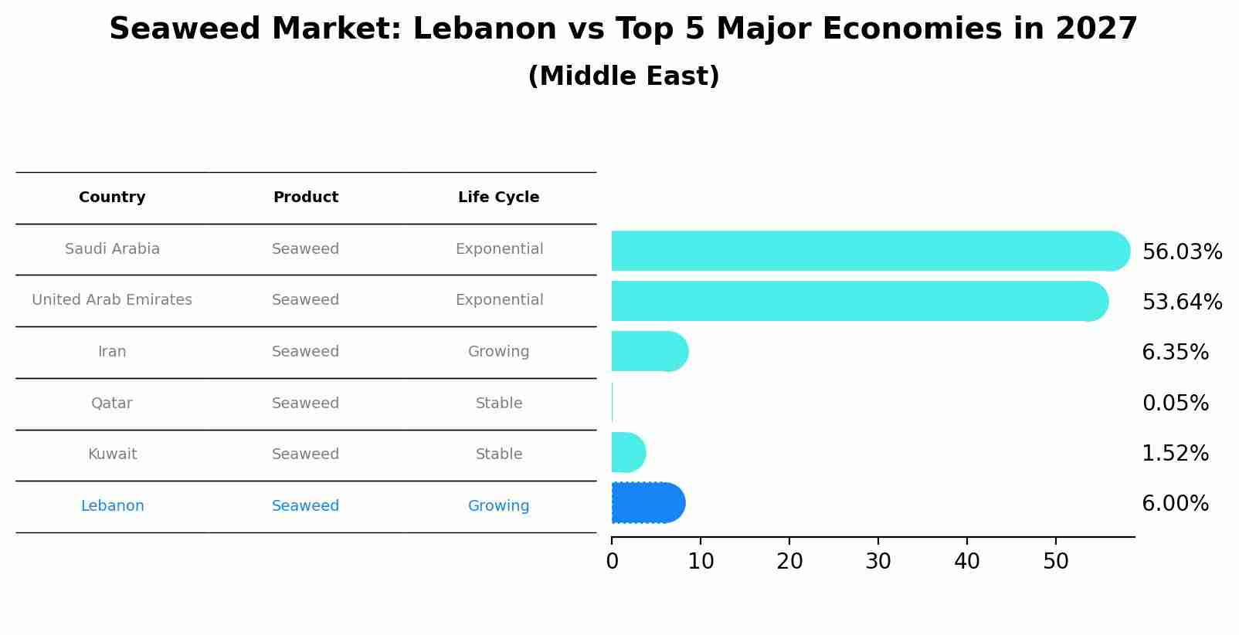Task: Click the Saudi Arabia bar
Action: [865, 251]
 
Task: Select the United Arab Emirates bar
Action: [857, 301]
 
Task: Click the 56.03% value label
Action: [1182, 252]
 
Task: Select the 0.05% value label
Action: [1175, 403]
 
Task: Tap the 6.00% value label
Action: [1175, 504]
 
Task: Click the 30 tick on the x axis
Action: [878, 562]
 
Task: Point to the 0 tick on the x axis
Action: [612, 562]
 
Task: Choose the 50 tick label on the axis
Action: [1056, 562]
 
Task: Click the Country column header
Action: [112, 198]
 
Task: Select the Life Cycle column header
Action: [498, 198]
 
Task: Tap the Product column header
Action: [305, 198]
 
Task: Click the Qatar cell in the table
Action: [112, 404]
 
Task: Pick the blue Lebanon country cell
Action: [112, 506]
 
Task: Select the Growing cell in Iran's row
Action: [498, 352]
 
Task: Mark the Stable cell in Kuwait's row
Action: [498, 454]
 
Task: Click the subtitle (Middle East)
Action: [623, 76]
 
